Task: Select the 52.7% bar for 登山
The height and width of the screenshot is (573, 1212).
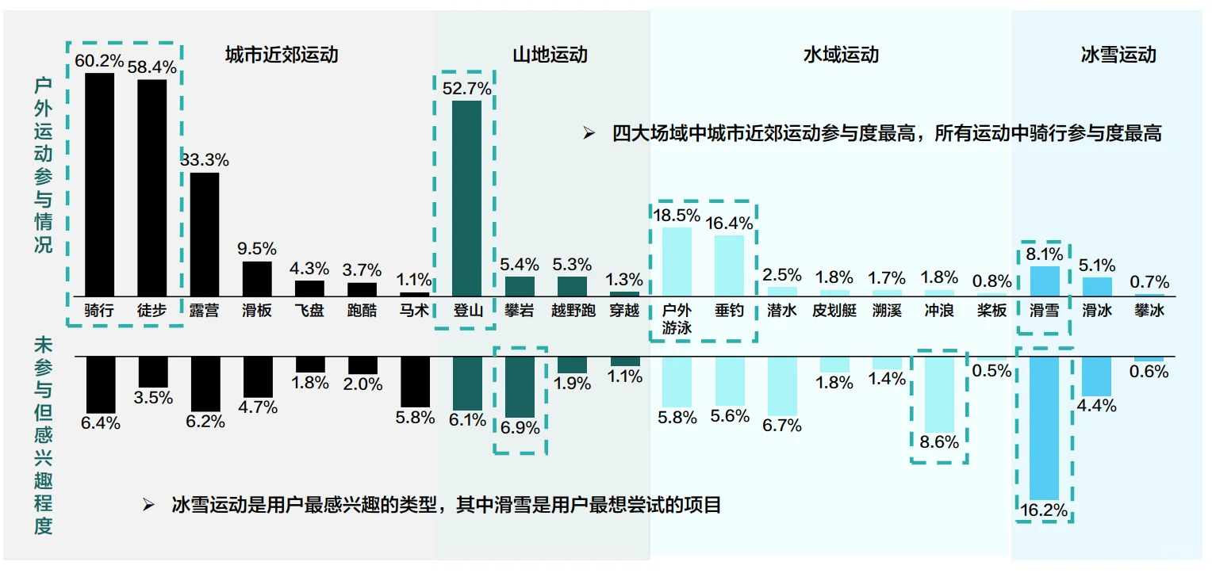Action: tap(466, 197)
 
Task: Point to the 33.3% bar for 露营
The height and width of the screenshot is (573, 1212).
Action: tap(205, 234)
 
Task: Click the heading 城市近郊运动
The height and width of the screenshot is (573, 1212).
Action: tap(282, 55)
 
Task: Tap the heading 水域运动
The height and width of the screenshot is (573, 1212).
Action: tap(841, 55)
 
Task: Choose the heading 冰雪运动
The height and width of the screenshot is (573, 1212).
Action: tap(1118, 55)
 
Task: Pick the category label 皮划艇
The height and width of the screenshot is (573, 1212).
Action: tap(834, 311)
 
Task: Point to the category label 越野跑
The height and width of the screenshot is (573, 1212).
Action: tap(573, 311)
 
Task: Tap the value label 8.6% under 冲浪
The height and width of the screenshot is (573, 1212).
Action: tap(939, 442)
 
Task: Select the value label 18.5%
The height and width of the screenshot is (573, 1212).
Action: tap(676, 215)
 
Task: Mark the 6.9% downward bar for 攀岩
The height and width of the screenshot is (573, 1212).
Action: tap(520, 387)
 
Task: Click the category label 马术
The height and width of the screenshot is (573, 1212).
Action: tap(415, 311)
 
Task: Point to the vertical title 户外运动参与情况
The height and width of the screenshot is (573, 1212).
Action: tap(43, 165)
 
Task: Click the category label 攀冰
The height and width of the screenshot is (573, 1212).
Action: tap(1149, 311)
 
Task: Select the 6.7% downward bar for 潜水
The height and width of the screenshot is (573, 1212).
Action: tap(781, 385)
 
